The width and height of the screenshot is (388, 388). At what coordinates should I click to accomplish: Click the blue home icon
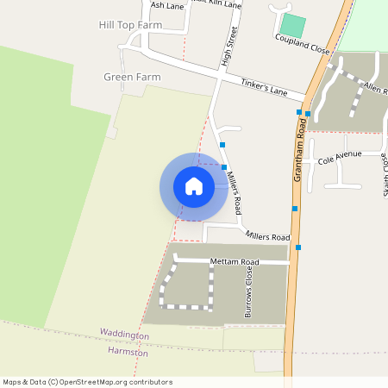click(194, 186)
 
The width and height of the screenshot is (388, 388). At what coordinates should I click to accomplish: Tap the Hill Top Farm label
click(130, 25)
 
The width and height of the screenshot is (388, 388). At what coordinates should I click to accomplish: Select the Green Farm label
click(132, 77)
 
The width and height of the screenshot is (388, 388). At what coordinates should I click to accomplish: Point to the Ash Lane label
click(167, 5)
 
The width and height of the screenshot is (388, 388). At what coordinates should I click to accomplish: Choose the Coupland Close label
click(303, 45)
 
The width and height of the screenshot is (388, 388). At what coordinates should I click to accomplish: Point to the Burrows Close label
click(249, 291)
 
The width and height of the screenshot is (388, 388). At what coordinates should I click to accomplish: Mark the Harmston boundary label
click(128, 353)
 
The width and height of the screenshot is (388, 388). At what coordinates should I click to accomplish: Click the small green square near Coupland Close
click(293, 26)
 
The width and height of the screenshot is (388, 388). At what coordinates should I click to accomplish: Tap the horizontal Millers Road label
click(267, 236)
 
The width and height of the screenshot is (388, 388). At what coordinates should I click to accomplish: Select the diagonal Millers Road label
click(234, 192)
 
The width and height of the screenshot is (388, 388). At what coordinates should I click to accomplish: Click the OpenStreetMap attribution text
click(88, 382)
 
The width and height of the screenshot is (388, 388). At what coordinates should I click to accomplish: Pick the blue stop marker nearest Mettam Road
click(299, 247)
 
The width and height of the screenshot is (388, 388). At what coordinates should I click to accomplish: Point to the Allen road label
click(374, 88)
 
